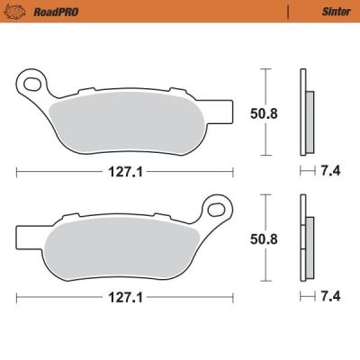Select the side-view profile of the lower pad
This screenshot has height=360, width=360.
click(x=307, y=238)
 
